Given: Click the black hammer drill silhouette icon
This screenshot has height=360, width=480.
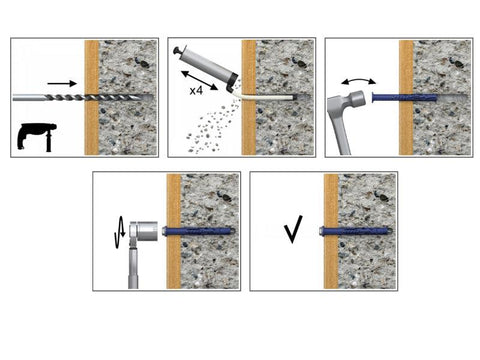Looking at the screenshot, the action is coord(36,136).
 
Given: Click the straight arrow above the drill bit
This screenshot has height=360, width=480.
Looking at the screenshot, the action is coord(62,83).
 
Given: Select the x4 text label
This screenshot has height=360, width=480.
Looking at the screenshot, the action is coord(196,90).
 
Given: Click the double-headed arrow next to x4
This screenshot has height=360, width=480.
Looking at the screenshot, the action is coord(199,80).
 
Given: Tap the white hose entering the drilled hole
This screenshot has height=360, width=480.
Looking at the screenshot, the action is coord(263,97).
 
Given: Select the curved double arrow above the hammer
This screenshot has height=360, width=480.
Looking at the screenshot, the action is coord(359,80).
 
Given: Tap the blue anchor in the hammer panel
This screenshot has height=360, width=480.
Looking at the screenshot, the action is coord(404,98).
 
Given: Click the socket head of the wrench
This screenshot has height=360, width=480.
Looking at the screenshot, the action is coord(144,231).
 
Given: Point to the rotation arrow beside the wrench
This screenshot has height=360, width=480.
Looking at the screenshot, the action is coord(120,232).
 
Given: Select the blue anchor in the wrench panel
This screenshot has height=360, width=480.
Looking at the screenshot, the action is coord(199,231).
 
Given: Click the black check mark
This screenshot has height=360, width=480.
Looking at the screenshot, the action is coord(293,229).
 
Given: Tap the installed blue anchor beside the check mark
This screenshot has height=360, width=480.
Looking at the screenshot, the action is coord(356,231).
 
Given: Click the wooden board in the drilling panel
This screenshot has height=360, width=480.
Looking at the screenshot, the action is coord(92,98).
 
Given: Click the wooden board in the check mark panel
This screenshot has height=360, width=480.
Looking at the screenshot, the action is coord(331,231).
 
